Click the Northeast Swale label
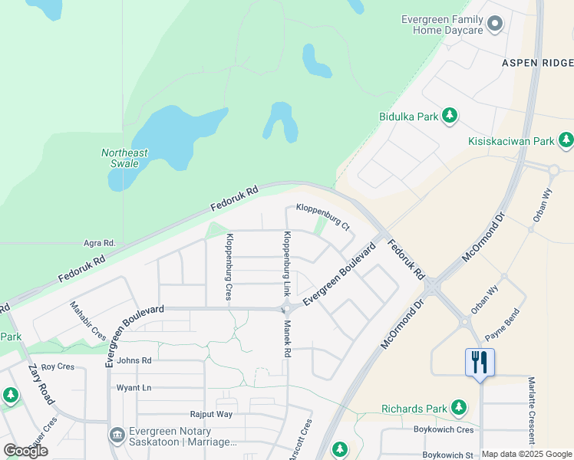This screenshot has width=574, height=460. [124, 158]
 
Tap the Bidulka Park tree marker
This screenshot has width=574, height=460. [450, 117]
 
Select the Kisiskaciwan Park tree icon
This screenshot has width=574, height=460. [566, 140]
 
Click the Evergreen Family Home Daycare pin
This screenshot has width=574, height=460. [495, 25]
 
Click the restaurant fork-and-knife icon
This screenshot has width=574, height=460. [480, 361]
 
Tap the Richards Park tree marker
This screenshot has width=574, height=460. [459, 406]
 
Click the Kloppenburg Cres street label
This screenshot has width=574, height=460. [229, 266]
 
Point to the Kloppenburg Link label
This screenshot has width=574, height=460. [287, 264]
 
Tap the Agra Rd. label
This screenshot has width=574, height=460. [99, 243]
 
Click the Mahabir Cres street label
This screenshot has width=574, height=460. [88, 320]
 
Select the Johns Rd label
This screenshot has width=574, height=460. [134, 360]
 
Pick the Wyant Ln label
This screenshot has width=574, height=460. [134, 388]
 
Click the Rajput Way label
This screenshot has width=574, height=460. [211, 414]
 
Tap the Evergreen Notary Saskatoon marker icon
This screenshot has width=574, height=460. [117, 435]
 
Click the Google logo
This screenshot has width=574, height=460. [25, 451]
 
